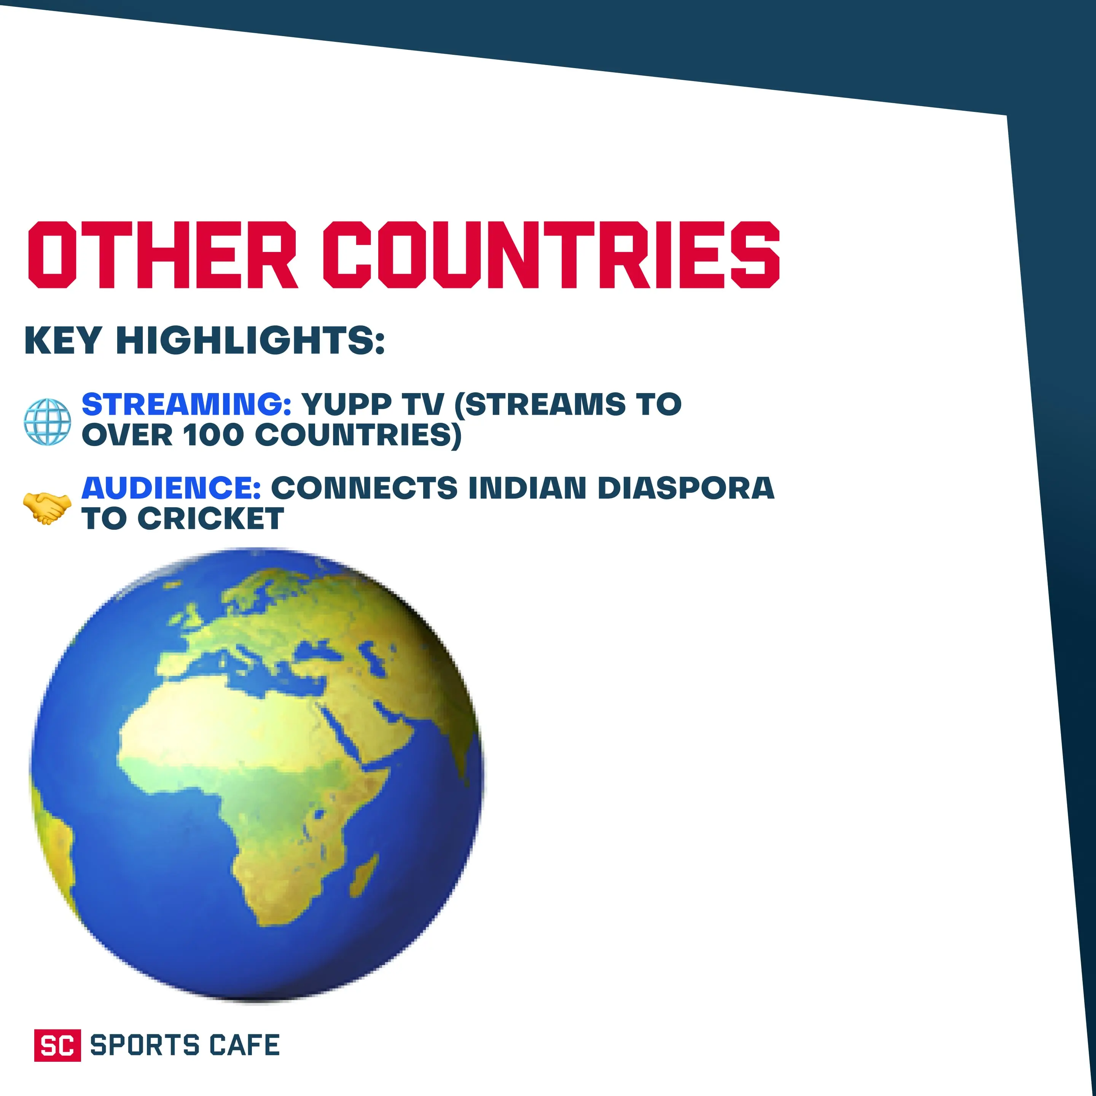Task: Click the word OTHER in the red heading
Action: tap(163, 255)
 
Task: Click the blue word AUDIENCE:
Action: tap(171, 488)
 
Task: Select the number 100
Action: tap(213, 435)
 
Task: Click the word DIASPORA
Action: tap(686, 488)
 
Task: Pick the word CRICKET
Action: tap(210, 518)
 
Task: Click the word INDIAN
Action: tap(527, 488)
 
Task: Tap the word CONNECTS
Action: tap(364, 488)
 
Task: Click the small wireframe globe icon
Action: tap(48, 422)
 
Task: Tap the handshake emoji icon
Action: tap(47, 508)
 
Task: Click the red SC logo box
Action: tap(57, 1045)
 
